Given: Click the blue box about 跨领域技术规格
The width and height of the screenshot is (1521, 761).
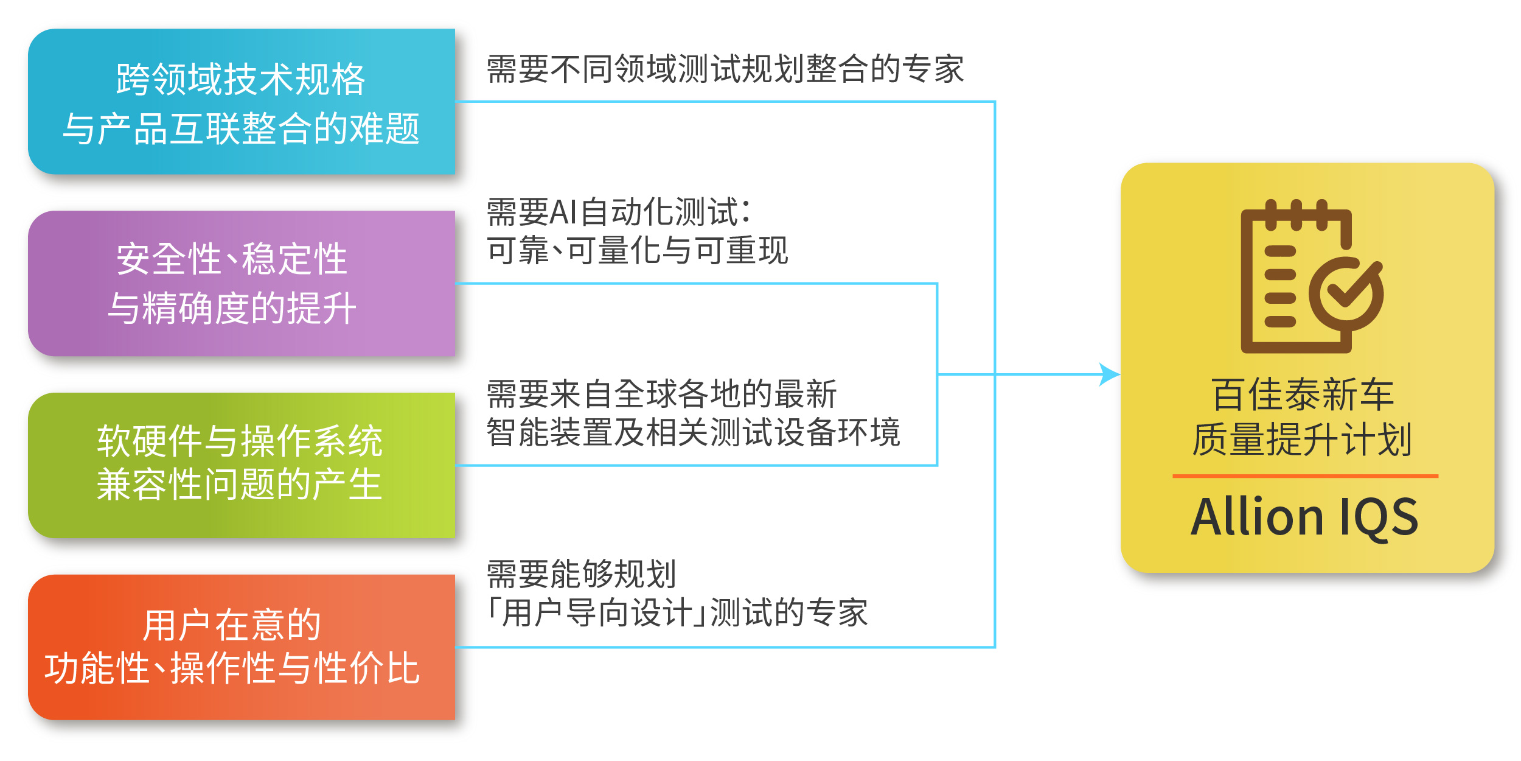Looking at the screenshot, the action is [x=242, y=102].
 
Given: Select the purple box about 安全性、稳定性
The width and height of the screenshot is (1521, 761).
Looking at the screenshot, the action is [x=242, y=284].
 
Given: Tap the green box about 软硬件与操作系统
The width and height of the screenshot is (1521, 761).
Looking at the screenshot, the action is [x=242, y=466].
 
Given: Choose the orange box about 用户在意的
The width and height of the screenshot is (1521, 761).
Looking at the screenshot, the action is [x=242, y=648].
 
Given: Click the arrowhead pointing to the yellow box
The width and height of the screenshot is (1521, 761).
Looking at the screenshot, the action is [x=1110, y=374].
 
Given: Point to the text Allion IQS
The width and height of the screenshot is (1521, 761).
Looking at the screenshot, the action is [x=1304, y=517].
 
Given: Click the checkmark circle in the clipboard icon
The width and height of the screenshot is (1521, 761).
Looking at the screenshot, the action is [x=1346, y=293].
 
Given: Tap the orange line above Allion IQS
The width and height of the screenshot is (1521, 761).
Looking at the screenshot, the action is [x=1306, y=475].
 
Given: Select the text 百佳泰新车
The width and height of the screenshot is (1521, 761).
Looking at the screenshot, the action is [x=1303, y=395].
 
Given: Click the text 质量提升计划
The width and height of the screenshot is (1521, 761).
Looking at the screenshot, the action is [x=1302, y=440].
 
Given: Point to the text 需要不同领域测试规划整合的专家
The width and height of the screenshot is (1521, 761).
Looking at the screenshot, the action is [x=725, y=69].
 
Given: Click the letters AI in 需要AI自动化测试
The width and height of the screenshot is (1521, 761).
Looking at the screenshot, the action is [x=563, y=212].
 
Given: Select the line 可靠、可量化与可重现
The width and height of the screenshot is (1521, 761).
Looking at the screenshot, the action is [x=637, y=250].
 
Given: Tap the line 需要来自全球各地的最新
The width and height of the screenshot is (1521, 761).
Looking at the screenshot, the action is [x=662, y=394].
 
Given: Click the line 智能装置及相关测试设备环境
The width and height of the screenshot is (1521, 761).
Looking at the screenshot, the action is [x=694, y=432].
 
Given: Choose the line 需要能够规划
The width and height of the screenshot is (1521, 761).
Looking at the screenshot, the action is [x=582, y=574].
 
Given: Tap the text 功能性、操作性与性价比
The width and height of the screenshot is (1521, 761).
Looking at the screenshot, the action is [x=232, y=668].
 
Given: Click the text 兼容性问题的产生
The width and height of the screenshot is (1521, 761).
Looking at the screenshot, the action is [x=240, y=485].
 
